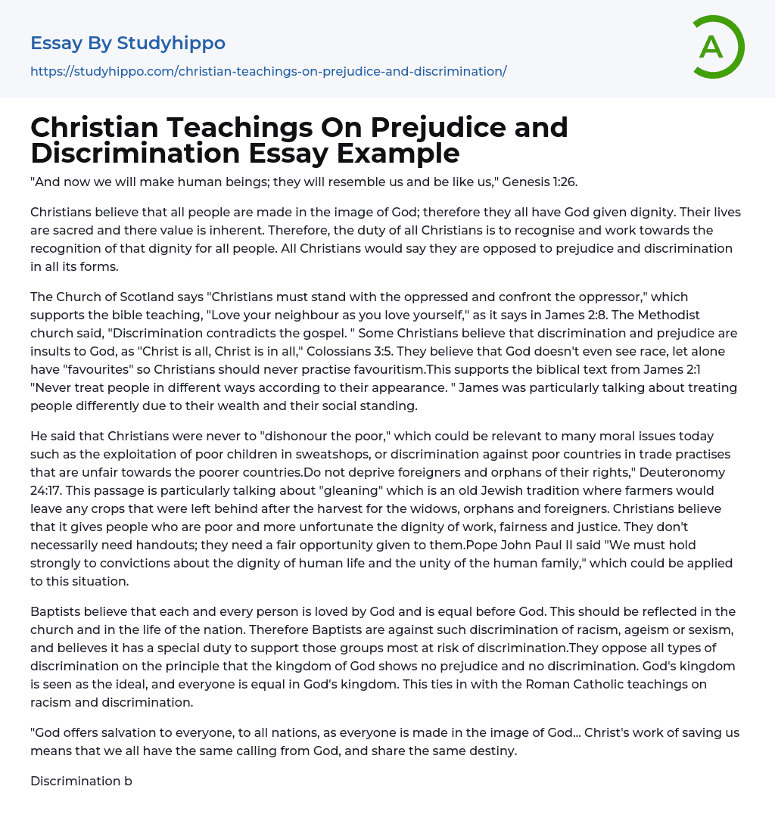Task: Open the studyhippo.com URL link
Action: (x=268, y=71)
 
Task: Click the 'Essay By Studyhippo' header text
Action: (x=128, y=43)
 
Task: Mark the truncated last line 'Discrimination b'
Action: (x=81, y=781)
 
